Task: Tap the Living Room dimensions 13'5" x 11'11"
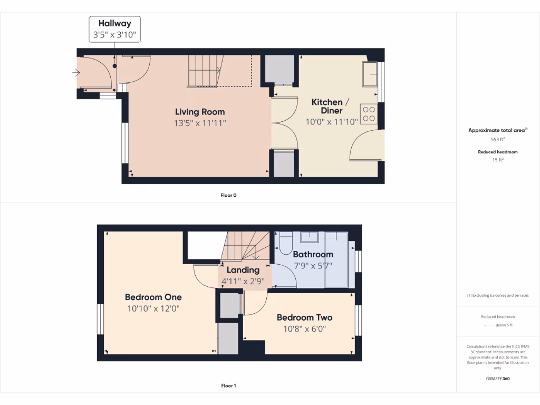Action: coord(200,123)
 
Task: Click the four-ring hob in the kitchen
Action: coord(369,114)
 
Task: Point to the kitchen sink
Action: coord(369,74)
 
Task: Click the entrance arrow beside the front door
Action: coord(76,73)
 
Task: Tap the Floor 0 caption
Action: coord(228,195)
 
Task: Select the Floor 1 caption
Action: coord(228,385)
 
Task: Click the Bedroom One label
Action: coord(153,296)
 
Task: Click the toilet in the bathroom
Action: coord(286,244)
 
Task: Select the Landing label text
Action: coord(243,270)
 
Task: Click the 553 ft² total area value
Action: coord(498,140)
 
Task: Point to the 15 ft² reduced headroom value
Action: coord(498,160)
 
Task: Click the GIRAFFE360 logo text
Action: coord(498,379)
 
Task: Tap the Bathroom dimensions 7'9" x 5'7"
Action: coord(313,265)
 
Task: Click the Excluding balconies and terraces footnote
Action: coord(498,295)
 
